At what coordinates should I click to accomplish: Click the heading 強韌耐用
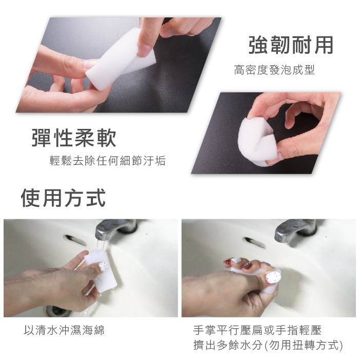(x=291, y=45)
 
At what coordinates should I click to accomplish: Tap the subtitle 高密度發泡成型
(x=274, y=70)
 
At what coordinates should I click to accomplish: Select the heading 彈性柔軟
(x=74, y=138)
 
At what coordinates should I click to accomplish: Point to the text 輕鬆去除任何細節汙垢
(x=107, y=160)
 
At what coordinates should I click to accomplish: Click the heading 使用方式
(x=63, y=198)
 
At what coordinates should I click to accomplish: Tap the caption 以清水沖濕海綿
(x=64, y=330)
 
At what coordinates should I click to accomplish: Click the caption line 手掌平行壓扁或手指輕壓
(x=257, y=330)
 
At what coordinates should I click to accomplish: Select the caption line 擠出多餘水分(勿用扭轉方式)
(x=268, y=345)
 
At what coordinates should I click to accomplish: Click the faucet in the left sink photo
(x=116, y=229)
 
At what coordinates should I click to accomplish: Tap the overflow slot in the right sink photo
(x=254, y=242)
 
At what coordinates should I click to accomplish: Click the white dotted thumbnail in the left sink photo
(x=103, y=267)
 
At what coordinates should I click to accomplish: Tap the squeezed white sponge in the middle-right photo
(x=256, y=142)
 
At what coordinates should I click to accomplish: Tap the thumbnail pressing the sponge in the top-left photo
(x=145, y=49)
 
